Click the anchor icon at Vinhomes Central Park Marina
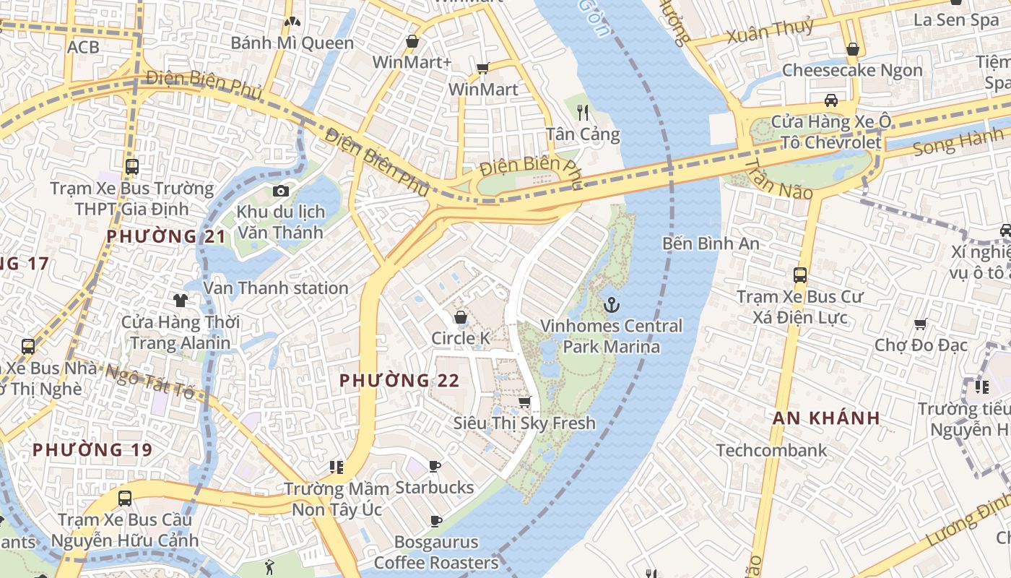[x=612, y=305]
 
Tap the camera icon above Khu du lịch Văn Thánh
[x=281, y=191]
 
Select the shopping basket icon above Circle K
[x=460, y=317]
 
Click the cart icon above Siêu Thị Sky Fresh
[x=524, y=402]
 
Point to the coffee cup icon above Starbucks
[x=435, y=466]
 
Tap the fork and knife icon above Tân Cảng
[x=583, y=112]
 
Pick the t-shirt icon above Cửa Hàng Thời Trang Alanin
[x=180, y=300]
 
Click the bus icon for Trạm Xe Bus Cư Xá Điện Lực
[x=799, y=275]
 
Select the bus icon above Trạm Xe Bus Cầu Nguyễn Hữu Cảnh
[x=125, y=498]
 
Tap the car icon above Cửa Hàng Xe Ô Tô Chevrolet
[x=831, y=100]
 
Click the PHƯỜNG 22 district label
[x=399, y=380]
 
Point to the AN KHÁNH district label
[x=826, y=418]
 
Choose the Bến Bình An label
[x=711, y=243]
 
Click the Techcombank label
[x=771, y=451]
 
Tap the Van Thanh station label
[x=276, y=288]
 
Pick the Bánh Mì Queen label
[x=292, y=43]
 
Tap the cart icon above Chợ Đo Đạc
[x=920, y=324]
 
